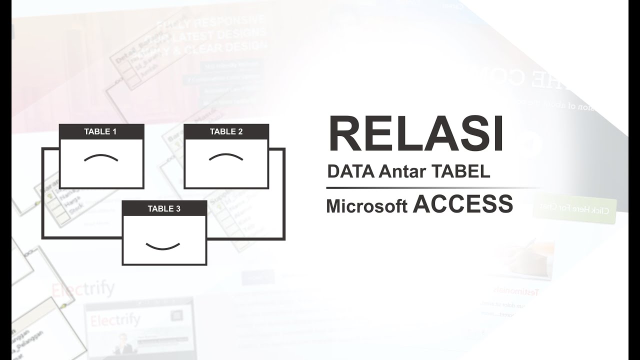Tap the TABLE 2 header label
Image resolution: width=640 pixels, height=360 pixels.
tap(226, 132)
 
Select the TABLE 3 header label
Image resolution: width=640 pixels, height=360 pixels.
tap(164, 208)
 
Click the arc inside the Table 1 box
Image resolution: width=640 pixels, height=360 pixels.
tap(101, 158)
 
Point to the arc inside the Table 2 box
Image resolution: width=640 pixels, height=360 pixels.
tap(226, 157)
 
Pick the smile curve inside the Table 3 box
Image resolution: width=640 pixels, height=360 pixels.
tap(163, 245)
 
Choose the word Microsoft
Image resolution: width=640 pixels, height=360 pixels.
tap(366, 206)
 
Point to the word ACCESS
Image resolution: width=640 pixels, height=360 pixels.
tap(463, 204)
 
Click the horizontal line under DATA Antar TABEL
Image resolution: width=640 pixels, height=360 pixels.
tap(430, 188)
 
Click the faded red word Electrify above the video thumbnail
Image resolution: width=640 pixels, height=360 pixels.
tap(82, 289)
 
